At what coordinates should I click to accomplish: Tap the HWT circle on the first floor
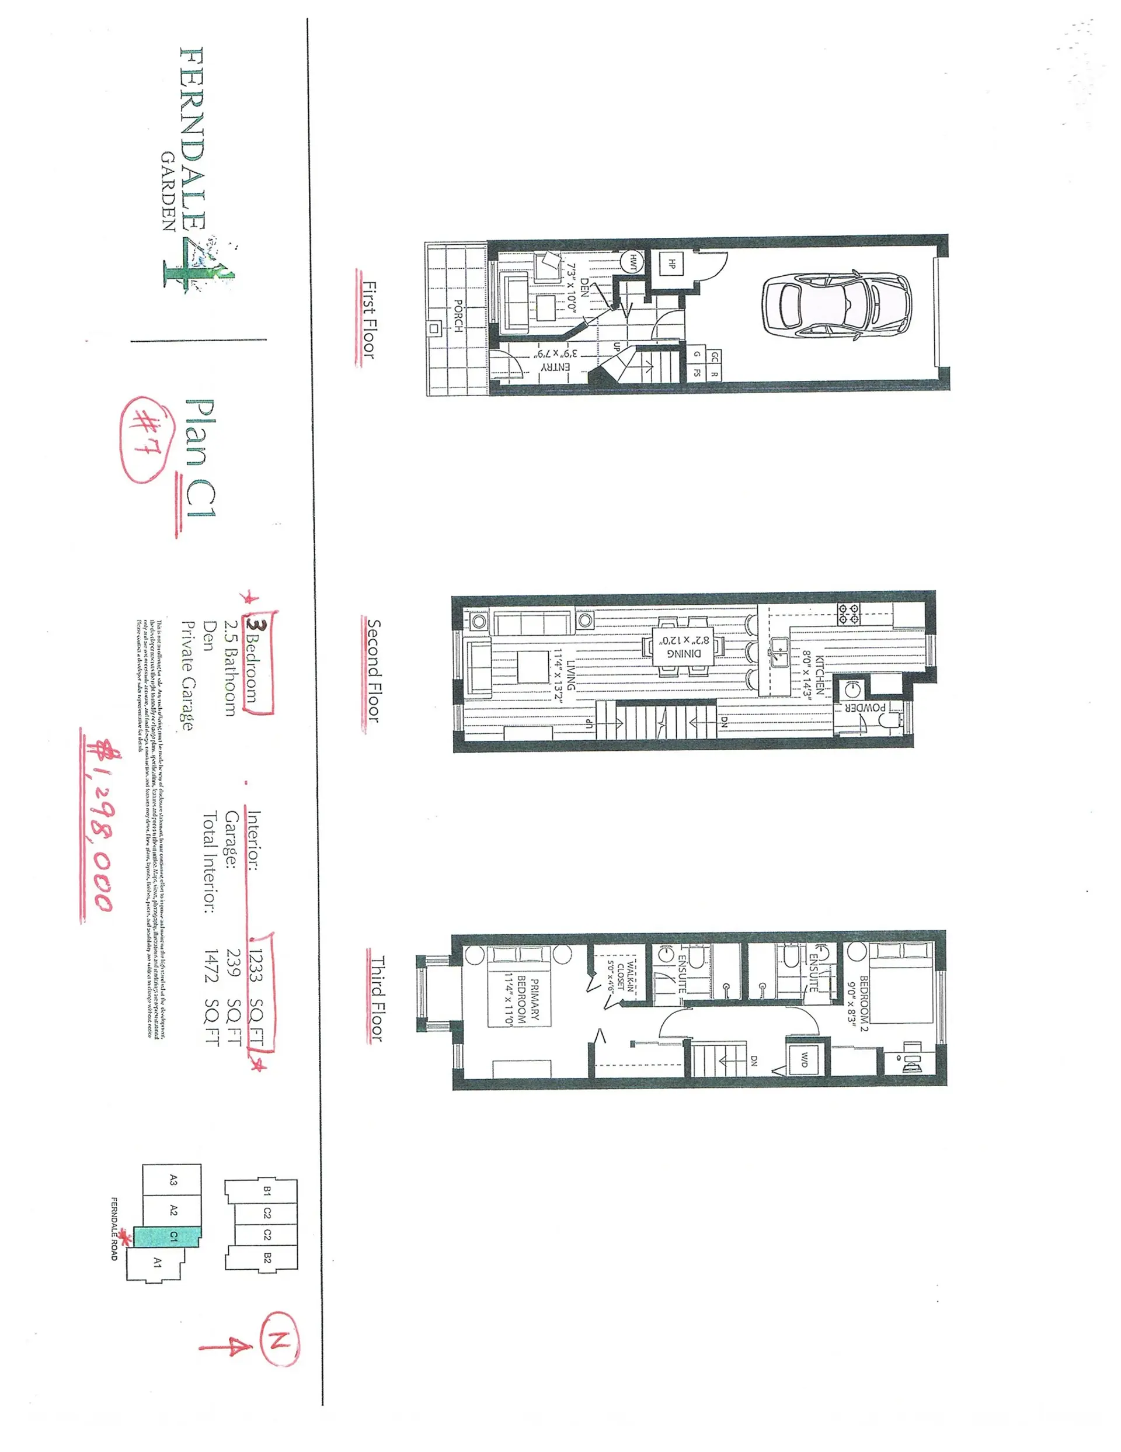632,261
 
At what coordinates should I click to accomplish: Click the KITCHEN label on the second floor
819,675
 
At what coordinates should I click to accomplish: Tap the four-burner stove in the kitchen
848,613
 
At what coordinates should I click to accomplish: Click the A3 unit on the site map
173,1180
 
